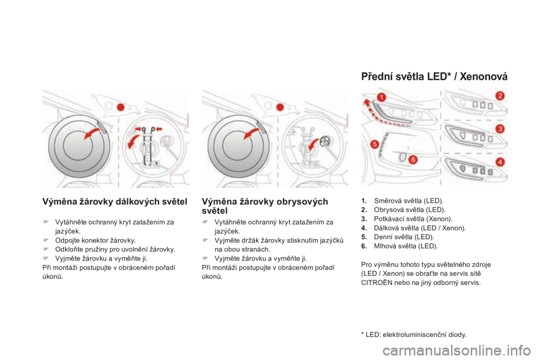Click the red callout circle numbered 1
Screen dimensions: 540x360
point(381,97)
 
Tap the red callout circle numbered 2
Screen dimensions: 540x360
point(500,96)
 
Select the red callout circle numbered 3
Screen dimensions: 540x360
point(500,129)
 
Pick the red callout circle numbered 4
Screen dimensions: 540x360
point(500,161)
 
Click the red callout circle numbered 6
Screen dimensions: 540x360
point(412,160)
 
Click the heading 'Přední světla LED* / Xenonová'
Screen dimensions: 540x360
point(434,76)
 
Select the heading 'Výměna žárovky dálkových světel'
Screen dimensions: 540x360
point(115,201)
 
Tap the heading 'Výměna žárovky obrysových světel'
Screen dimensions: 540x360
point(265,206)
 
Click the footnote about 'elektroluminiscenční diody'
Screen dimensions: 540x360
point(414,334)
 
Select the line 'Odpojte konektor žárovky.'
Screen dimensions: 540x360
point(96,240)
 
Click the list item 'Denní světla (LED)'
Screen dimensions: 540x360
point(404,237)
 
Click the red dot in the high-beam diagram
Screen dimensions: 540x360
point(120,106)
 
